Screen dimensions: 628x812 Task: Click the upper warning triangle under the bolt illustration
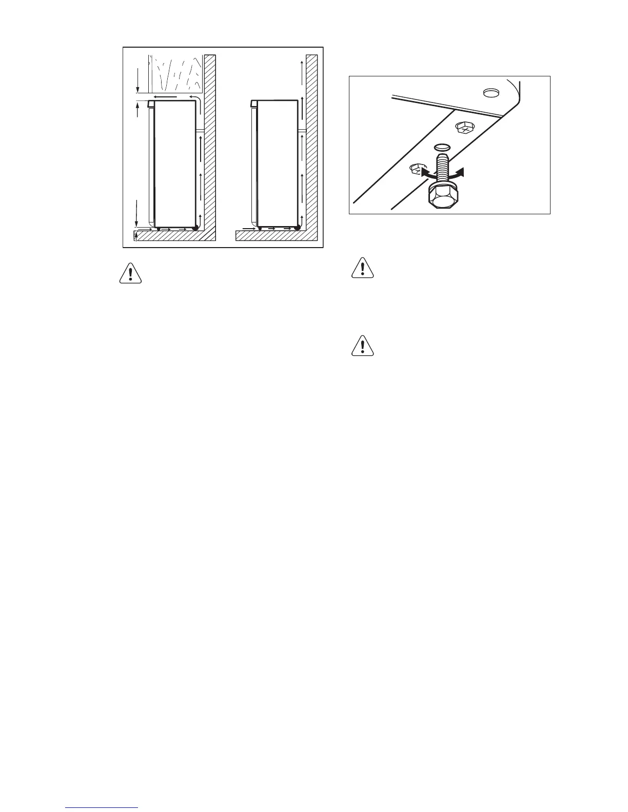[x=363, y=268]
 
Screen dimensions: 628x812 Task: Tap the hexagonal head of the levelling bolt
[x=441, y=198]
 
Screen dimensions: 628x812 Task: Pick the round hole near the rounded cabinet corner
[x=492, y=92]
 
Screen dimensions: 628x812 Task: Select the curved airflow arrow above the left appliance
[x=195, y=97]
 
